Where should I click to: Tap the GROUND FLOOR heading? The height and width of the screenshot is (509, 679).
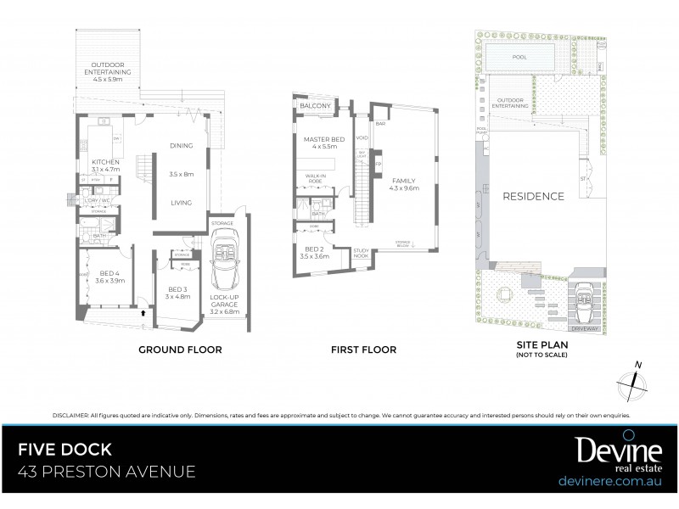click(x=182, y=349)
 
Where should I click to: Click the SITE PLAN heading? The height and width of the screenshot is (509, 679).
click(x=541, y=345)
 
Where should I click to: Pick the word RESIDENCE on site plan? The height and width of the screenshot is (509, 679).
click(x=533, y=197)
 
